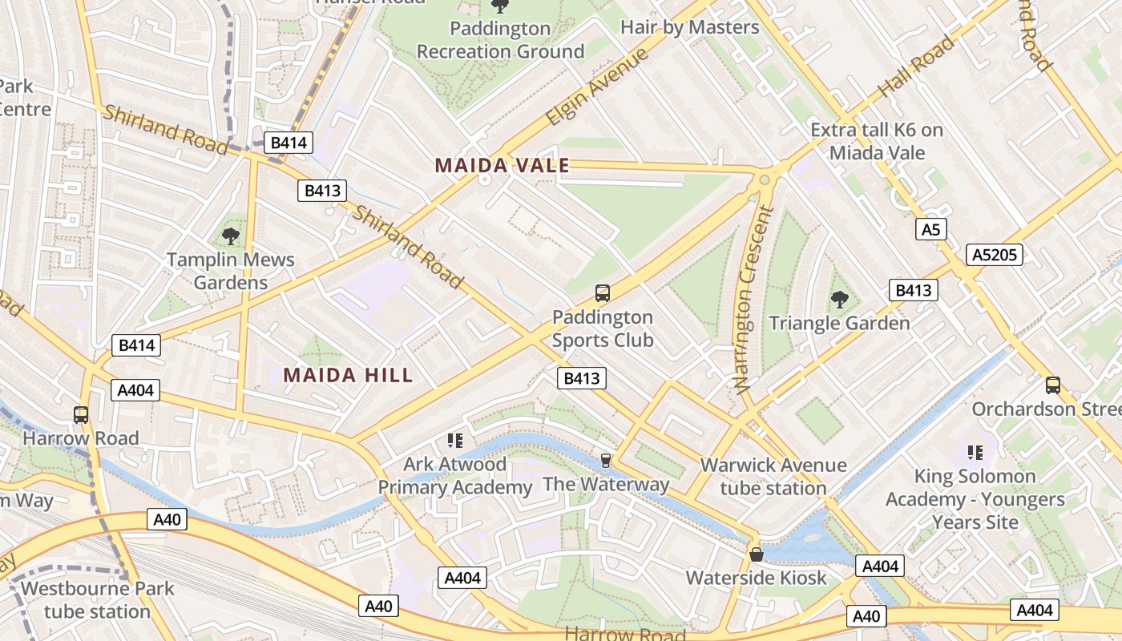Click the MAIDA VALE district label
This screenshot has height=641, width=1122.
click(502, 166)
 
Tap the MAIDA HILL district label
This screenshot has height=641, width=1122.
click(348, 375)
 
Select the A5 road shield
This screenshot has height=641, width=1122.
click(930, 230)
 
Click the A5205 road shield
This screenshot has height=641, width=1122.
click(994, 255)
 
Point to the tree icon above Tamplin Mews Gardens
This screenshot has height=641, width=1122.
click(231, 236)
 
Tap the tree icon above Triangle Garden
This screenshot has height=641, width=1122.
click(839, 300)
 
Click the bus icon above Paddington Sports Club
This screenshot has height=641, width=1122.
click(603, 293)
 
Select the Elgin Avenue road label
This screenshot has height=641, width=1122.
click(596, 87)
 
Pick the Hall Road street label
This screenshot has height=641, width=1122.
click(917, 67)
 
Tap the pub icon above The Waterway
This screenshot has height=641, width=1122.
click(606, 460)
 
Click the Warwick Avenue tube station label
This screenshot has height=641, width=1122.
click(773, 477)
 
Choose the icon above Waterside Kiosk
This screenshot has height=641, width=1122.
click(756, 554)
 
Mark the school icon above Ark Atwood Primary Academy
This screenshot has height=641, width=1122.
click(455, 440)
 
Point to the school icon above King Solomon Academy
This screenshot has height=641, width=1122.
click(975, 453)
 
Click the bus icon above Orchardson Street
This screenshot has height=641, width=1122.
click(1052, 385)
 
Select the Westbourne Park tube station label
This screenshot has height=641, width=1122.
click(97, 599)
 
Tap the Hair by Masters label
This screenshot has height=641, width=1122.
click(689, 27)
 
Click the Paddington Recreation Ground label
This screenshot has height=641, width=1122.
click(500, 40)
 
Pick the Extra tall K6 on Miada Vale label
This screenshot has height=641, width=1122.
click(877, 141)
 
